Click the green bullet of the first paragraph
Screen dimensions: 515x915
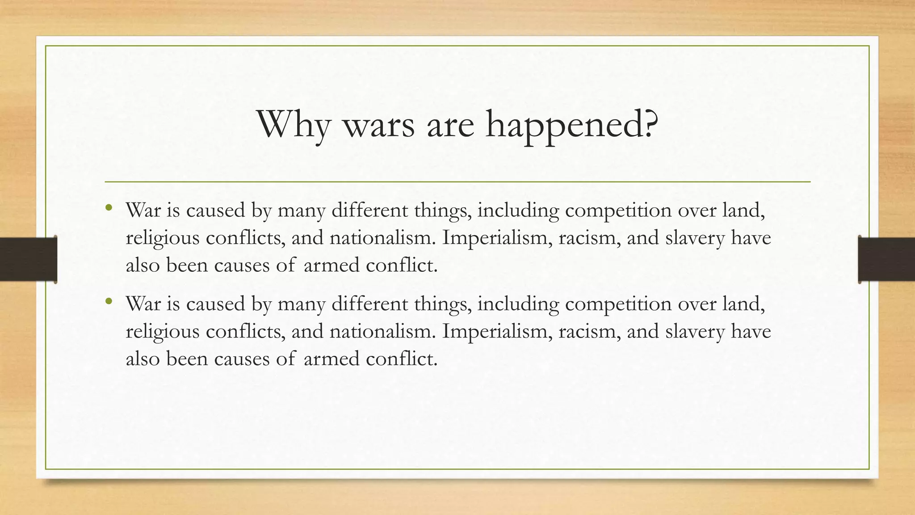click(109, 207)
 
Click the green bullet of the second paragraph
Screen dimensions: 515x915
click(109, 301)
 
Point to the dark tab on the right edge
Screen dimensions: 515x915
click(886, 259)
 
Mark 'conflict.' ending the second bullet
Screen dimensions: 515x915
click(401, 359)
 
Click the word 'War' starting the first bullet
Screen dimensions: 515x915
click(143, 210)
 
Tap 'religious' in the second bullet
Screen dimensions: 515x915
click(162, 331)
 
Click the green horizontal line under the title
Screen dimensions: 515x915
click(457, 182)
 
